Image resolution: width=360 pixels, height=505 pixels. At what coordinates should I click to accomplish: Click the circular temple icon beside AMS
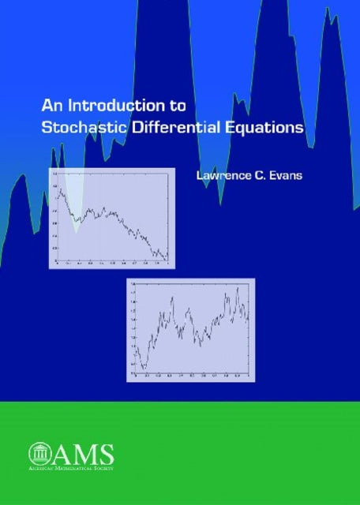point(39,453)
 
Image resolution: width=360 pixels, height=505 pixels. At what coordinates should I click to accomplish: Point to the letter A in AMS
point(60,454)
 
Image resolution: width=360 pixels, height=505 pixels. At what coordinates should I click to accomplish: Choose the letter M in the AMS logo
point(81,454)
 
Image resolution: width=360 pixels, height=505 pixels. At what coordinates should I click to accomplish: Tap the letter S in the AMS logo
point(105,454)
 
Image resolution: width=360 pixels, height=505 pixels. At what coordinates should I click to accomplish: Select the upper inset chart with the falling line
point(111,215)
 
